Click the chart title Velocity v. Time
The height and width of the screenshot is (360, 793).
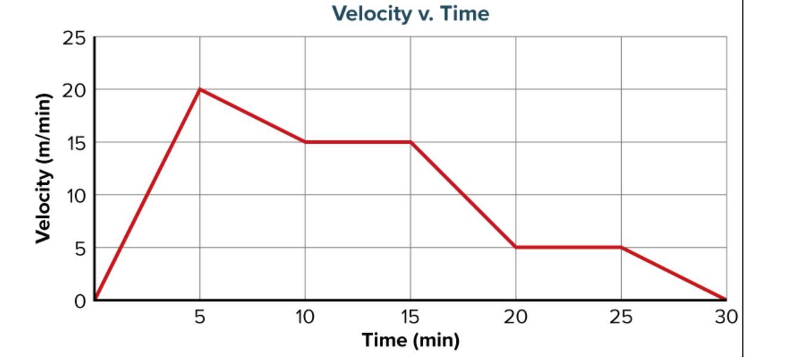(411, 13)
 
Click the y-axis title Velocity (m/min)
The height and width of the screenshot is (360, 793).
(42, 168)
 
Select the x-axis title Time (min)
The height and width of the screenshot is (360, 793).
(411, 340)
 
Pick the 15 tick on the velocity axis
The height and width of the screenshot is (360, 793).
(75, 143)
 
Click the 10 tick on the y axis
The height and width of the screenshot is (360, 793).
(75, 195)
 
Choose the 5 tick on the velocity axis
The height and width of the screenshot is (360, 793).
(81, 248)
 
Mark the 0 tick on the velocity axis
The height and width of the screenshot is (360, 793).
(81, 300)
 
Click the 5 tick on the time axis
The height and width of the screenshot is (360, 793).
(200, 317)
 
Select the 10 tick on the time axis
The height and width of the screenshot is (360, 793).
(305, 317)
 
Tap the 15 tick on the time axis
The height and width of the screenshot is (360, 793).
(411, 317)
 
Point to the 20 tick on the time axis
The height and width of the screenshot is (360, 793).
(516, 317)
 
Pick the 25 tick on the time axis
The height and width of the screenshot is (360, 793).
(621, 317)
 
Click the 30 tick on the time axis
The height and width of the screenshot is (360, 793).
(726, 317)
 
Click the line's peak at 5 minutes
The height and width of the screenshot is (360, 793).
(200, 90)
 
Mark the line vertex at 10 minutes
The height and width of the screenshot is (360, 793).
(305, 142)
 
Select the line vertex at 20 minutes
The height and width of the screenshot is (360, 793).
(516, 247)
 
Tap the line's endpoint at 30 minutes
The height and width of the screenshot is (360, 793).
(726, 299)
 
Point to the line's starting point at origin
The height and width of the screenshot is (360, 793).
(95, 299)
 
